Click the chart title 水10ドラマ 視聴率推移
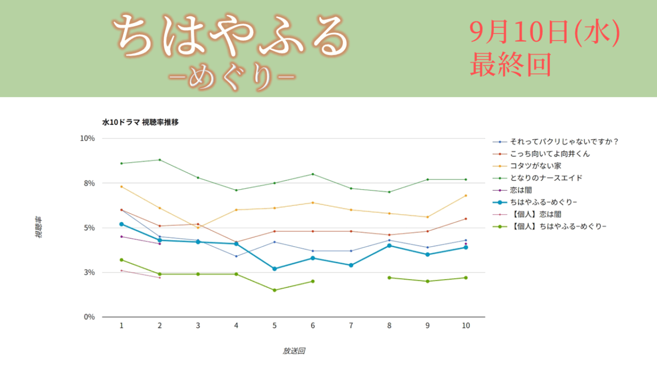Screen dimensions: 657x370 [140, 122]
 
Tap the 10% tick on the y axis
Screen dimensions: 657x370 [88, 138]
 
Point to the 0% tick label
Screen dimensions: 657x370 [89, 317]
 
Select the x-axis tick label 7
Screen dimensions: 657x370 [351, 326]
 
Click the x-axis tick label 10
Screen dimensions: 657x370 [466, 326]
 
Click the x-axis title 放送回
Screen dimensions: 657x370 [293, 351]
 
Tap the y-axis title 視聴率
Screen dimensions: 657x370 [38, 227]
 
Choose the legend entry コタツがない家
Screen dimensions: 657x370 [527, 166]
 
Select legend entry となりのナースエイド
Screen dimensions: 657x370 [537, 178]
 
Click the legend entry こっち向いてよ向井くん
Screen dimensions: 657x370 [541, 154]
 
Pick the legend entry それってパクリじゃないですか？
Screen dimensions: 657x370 [556, 142]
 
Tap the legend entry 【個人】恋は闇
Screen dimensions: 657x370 [527, 214]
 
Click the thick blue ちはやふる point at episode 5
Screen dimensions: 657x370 [274, 269]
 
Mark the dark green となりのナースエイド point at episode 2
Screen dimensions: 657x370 [159, 160]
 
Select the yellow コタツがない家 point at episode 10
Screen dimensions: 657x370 [466, 196]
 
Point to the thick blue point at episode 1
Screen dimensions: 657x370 [122, 224]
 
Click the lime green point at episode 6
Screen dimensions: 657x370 [313, 281]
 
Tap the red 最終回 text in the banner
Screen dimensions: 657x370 [511, 65]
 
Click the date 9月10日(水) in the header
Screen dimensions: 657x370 [545, 32]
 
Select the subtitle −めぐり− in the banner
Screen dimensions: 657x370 [232, 77]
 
